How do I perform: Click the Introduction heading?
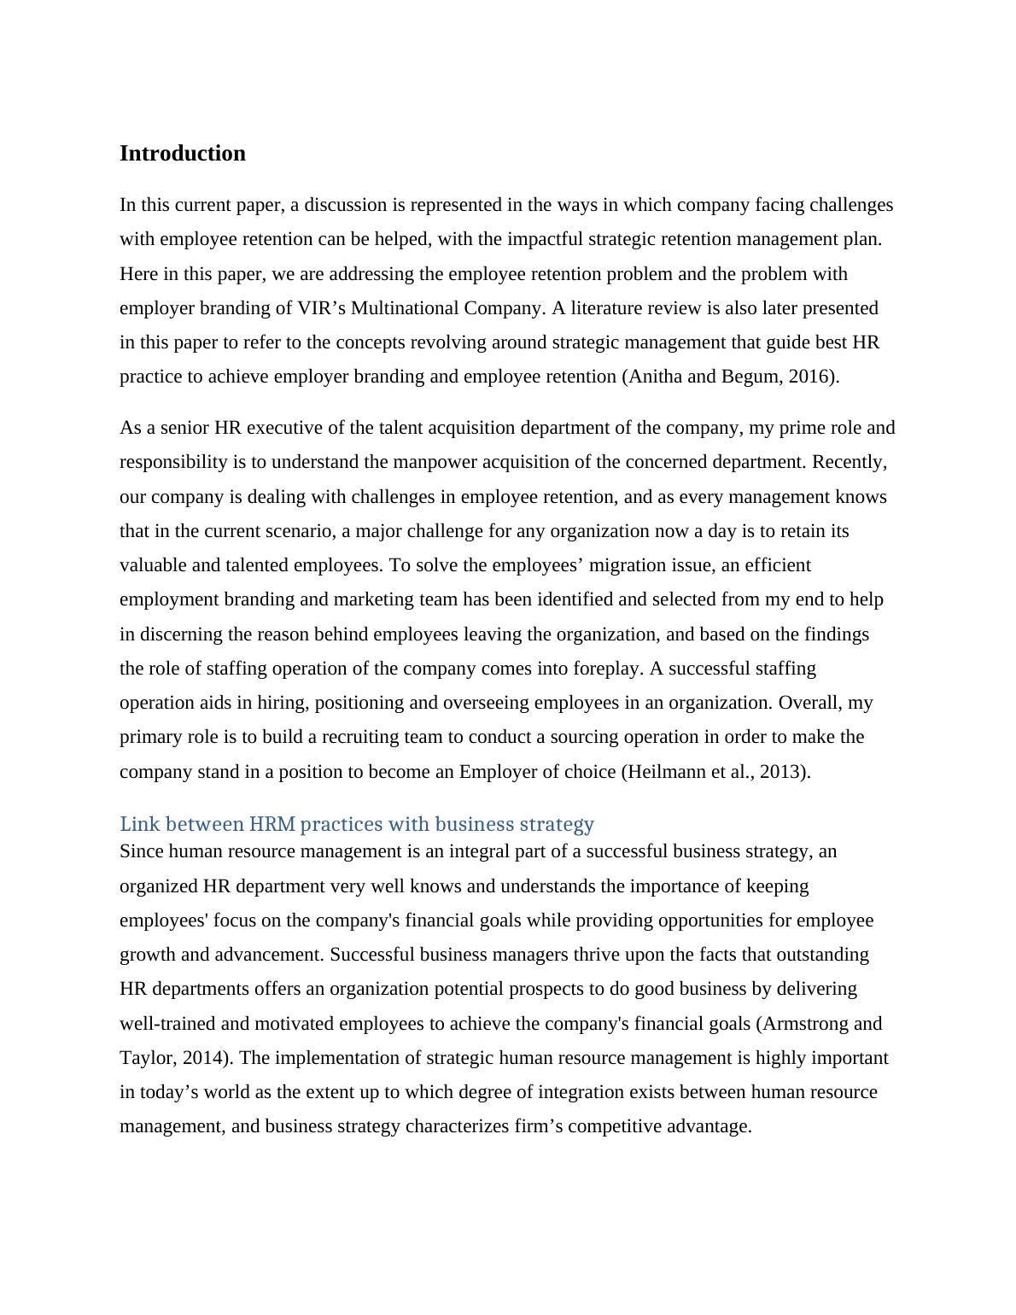click(182, 154)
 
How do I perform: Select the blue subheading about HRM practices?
click(356, 824)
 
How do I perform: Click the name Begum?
click(749, 377)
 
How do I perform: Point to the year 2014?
click(207, 1058)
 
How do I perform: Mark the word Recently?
click(849, 462)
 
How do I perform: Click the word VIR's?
click(322, 307)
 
